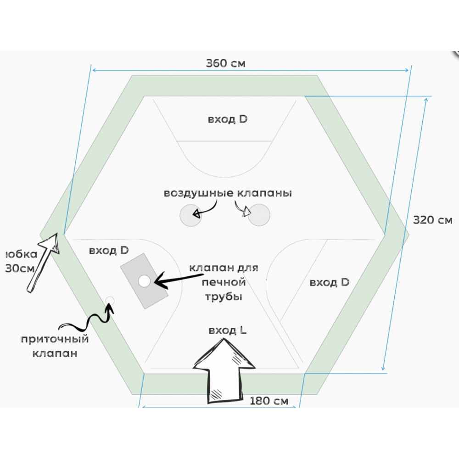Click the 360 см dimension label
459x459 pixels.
coord(225,63)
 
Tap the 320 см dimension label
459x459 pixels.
coord(432,220)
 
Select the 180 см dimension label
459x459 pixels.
coord(269,401)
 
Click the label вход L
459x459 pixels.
coord(228,330)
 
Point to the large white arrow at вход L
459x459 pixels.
coord(224,372)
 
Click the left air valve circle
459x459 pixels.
coord(190,215)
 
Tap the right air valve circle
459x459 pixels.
coord(259,215)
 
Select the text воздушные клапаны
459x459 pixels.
coord(228,193)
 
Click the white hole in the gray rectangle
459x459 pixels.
coord(144,281)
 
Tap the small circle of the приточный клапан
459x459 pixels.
coord(109,300)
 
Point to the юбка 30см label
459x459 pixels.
coord(18,261)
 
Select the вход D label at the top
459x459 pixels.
coord(228,119)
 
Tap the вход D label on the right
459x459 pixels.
coord(330,282)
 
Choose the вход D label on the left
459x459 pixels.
coord(109,251)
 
